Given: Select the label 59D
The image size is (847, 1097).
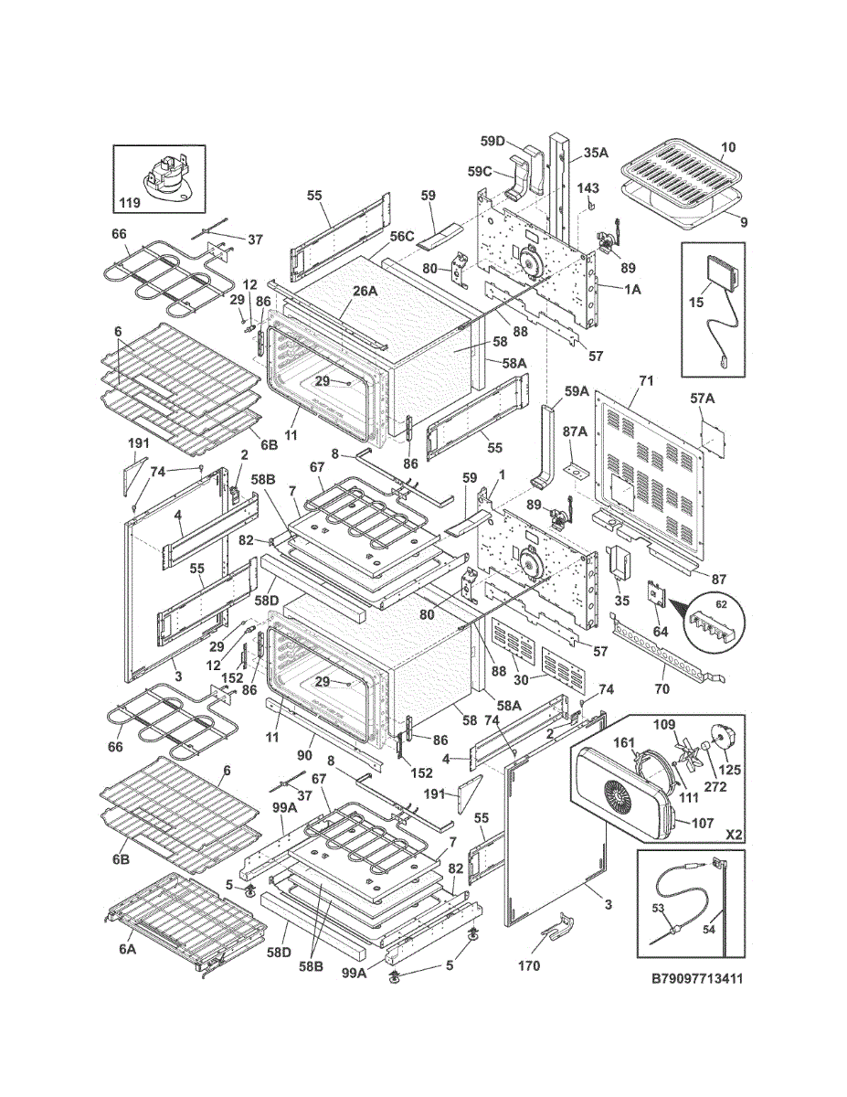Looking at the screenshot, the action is click(x=492, y=141).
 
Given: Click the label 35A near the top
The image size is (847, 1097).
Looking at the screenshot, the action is click(x=597, y=152).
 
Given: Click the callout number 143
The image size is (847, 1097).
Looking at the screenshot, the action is click(x=588, y=187).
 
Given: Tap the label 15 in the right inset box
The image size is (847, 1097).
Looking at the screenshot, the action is click(x=695, y=303).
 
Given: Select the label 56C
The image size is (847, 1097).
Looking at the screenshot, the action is click(x=401, y=236).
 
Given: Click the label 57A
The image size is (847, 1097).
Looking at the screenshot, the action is click(x=703, y=399).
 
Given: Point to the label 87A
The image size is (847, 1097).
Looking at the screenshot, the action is click(x=575, y=431).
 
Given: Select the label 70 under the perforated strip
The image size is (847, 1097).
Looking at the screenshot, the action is click(x=662, y=688).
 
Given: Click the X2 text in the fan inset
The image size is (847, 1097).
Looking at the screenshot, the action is click(x=734, y=835).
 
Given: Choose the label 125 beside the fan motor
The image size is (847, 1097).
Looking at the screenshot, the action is click(x=730, y=770).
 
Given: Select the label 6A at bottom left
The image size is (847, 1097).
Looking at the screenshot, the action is click(x=128, y=963).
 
